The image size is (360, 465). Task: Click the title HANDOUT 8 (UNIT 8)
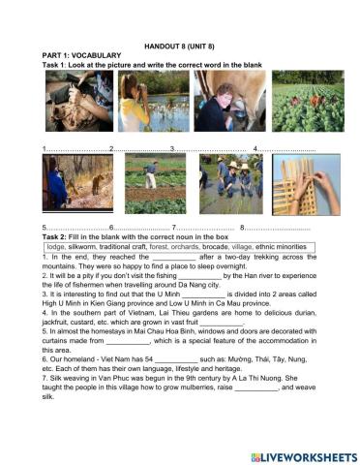[179, 46]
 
